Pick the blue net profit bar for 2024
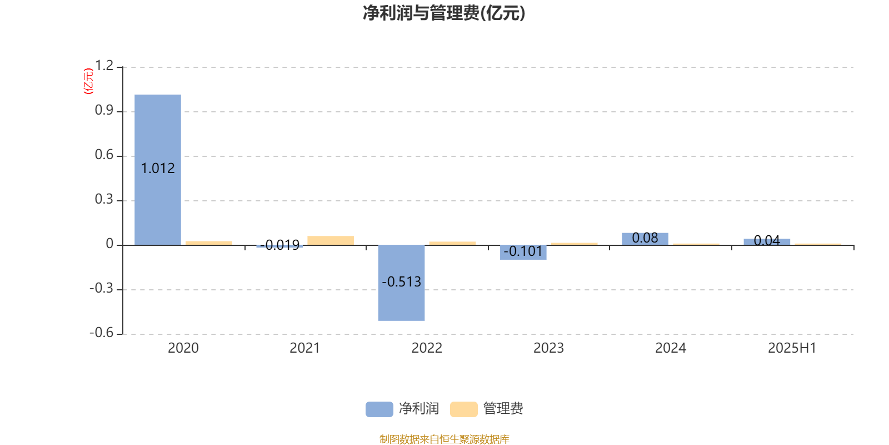click(645, 239)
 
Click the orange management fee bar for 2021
click(331, 240)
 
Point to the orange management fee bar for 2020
click(209, 243)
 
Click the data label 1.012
click(158, 169)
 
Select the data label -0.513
click(401, 281)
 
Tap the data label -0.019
click(279, 245)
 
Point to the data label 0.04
click(767, 240)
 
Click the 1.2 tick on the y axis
click(104, 66)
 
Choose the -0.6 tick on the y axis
click(102, 333)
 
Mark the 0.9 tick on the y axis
click(104, 110)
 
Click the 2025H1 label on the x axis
click(792, 348)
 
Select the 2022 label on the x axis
click(427, 348)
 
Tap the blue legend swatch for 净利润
click(379, 409)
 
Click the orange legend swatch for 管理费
click(463, 409)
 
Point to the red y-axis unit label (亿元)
click(88, 81)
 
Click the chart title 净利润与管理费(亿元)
click(444, 13)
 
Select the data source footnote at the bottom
click(444, 439)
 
